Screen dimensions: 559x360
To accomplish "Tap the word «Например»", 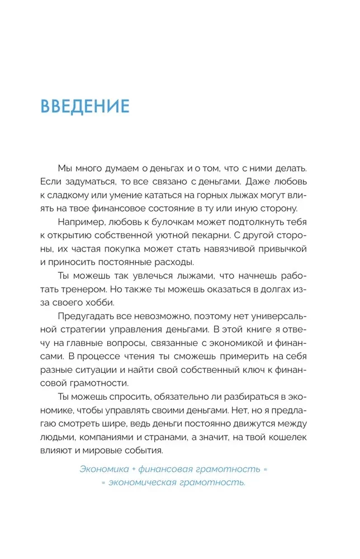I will click(81, 222).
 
